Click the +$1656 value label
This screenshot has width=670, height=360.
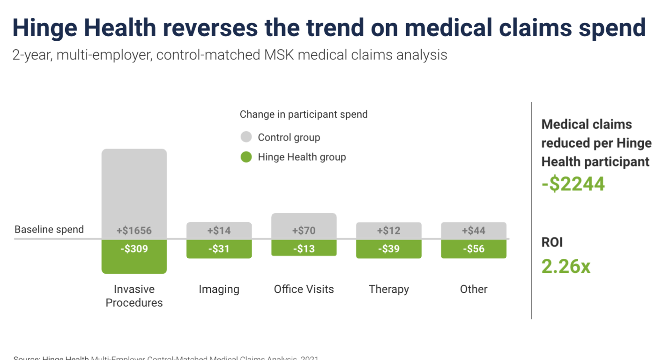[x=134, y=231]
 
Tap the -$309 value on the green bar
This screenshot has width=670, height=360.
[x=134, y=249]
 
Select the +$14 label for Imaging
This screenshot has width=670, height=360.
[x=219, y=231]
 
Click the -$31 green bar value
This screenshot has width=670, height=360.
[x=219, y=249]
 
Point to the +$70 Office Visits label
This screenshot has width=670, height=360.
[x=304, y=231]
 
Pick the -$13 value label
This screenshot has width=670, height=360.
[x=304, y=249]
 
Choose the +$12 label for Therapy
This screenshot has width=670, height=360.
[x=388, y=231]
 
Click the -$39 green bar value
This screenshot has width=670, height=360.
[x=388, y=249]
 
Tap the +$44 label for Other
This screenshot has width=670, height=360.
[x=473, y=231]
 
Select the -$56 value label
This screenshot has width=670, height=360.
[x=473, y=249]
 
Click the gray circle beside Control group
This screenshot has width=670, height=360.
[x=246, y=137]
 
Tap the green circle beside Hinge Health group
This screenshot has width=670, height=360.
[x=246, y=157]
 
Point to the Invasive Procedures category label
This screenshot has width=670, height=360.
[x=134, y=296]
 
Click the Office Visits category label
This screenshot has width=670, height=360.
[x=304, y=289]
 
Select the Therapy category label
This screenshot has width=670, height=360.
[x=388, y=289]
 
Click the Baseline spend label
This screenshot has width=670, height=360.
[x=49, y=230]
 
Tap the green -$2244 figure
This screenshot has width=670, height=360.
[x=573, y=184]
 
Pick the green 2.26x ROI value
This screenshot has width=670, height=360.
[x=566, y=266]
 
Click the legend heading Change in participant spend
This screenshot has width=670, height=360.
[x=304, y=114]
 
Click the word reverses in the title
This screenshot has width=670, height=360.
[x=210, y=28]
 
